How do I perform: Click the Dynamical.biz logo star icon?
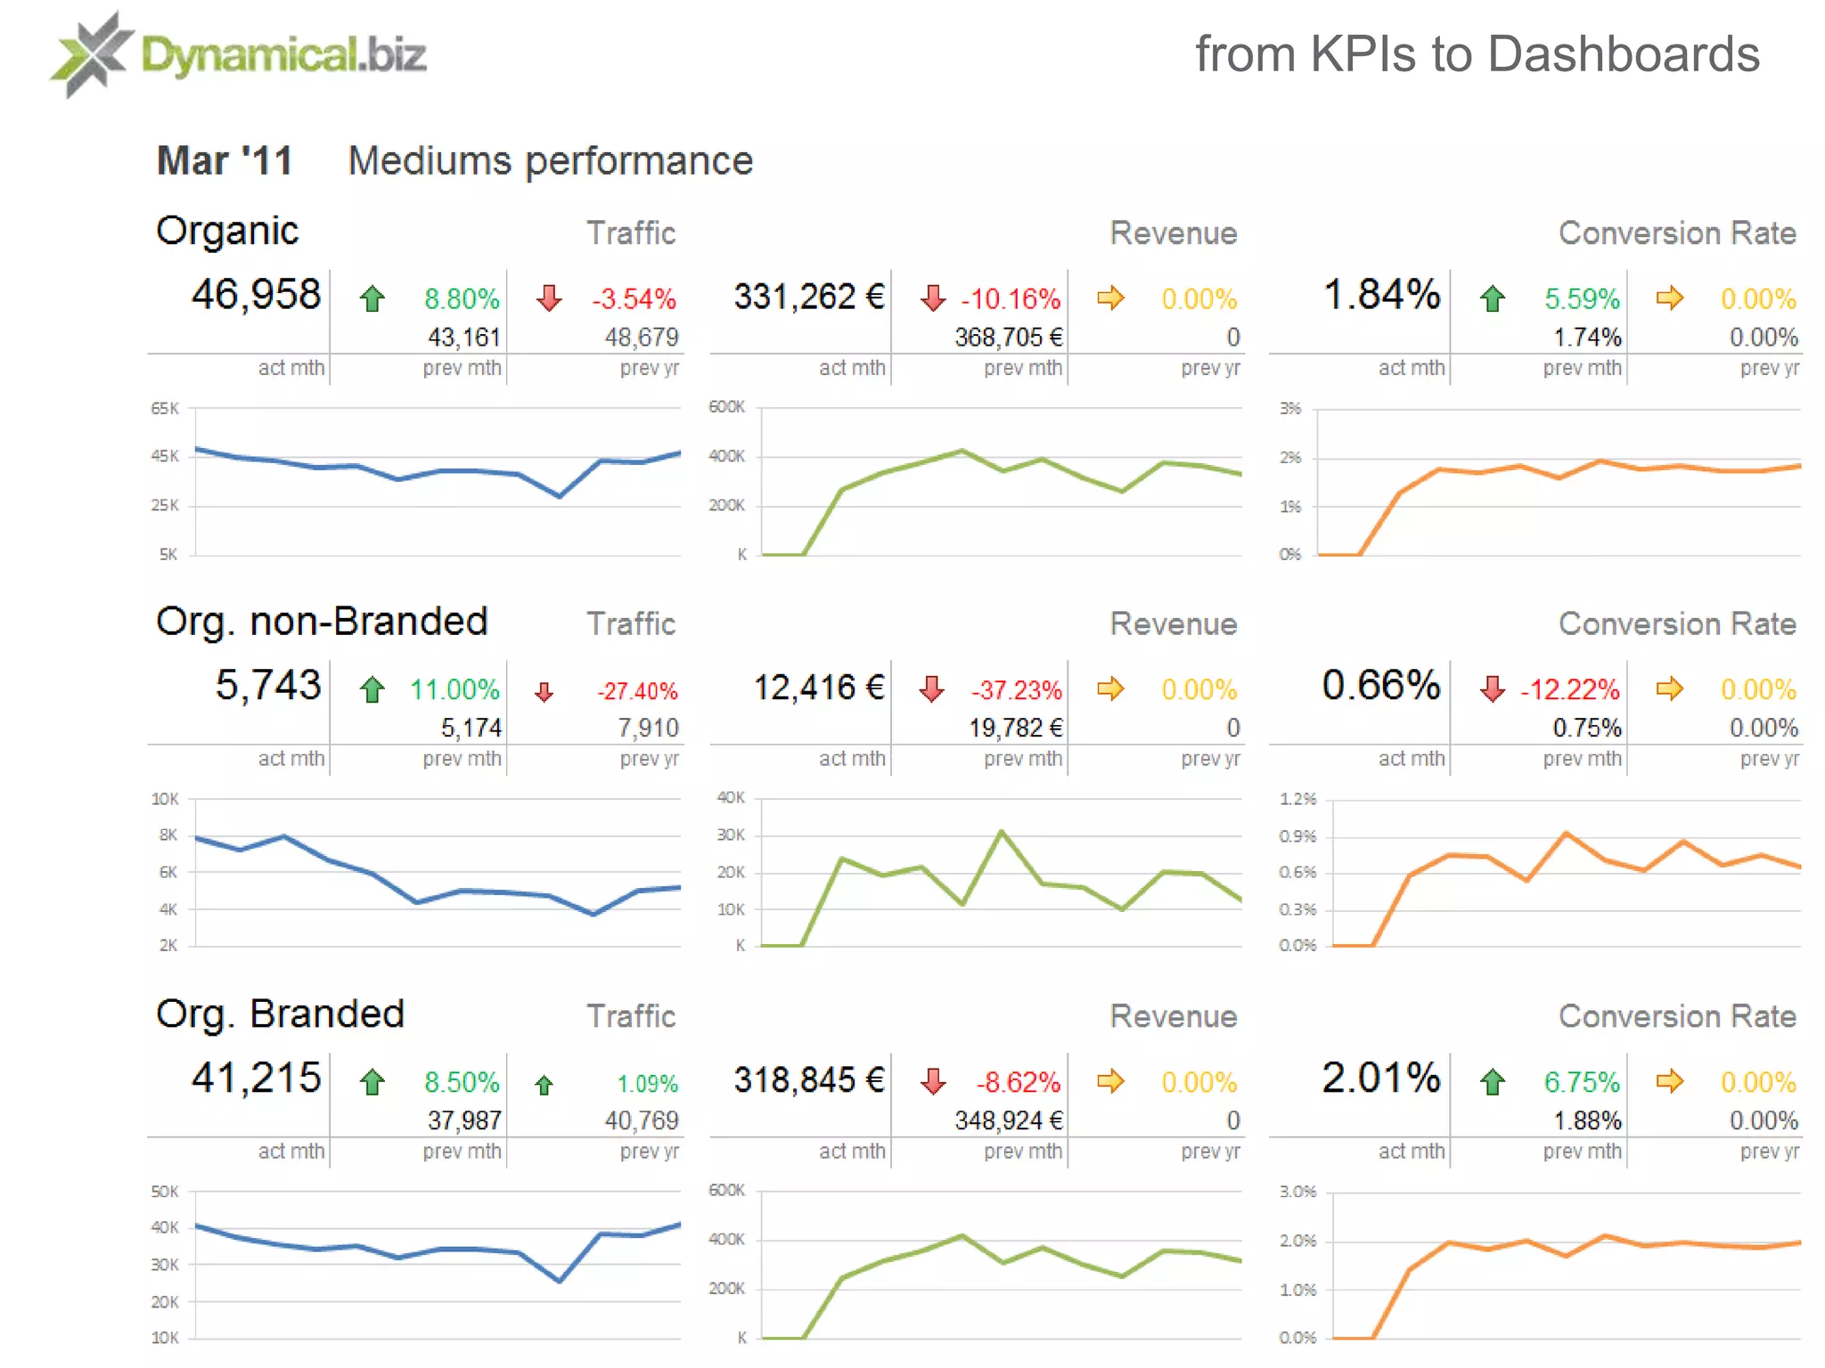click(92, 54)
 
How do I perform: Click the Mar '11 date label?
click(225, 161)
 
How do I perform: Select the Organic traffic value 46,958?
click(256, 295)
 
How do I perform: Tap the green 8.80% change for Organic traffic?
click(462, 299)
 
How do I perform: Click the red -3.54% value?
click(634, 299)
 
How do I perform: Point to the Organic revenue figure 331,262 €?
click(809, 297)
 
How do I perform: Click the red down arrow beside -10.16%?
click(933, 298)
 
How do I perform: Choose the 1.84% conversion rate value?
click(1381, 295)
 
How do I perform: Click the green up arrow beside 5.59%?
click(1493, 299)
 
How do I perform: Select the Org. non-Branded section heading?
click(322, 622)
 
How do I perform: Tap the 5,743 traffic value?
click(267, 686)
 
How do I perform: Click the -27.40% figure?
click(637, 691)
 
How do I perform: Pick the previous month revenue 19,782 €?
click(1016, 729)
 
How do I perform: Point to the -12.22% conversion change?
click(1569, 689)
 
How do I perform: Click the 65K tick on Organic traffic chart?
click(165, 409)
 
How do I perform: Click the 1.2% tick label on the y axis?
click(1297, 799)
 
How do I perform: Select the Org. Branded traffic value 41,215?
click(256, 1079)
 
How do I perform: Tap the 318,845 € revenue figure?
click(809, 1080)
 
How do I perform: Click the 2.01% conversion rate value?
click(1381, 1079)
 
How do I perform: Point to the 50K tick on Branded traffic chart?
click(165, 1192)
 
